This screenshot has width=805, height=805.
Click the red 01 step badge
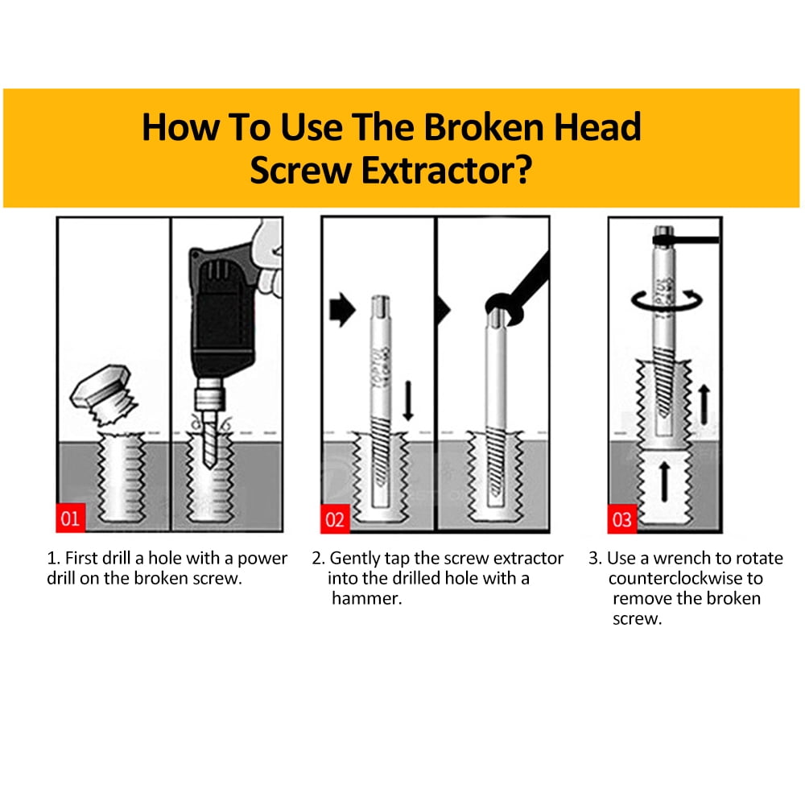[71, 518]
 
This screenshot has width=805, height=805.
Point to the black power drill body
[220, 314]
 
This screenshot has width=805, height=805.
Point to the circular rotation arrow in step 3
[667, 301]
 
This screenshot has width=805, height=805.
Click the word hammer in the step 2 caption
[366, 599]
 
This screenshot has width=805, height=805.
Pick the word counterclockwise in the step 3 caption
[685, 579]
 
